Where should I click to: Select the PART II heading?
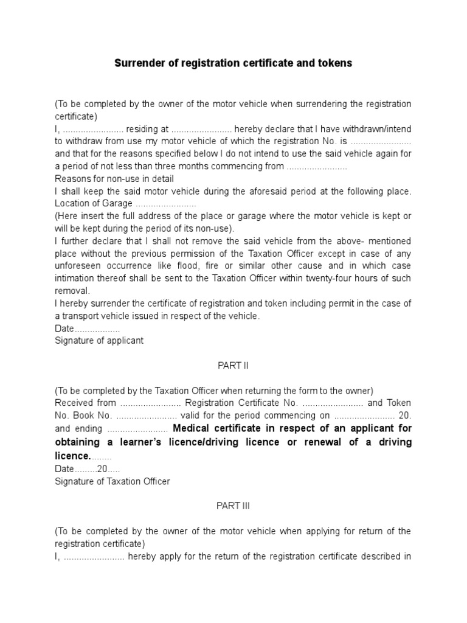[x=233, y=366]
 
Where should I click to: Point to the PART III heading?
[x=233, y=506]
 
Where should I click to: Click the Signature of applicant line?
[x=99, y=341]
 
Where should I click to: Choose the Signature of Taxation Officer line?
[x=112, y=481]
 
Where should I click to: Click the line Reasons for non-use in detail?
[x=114, y=179]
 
